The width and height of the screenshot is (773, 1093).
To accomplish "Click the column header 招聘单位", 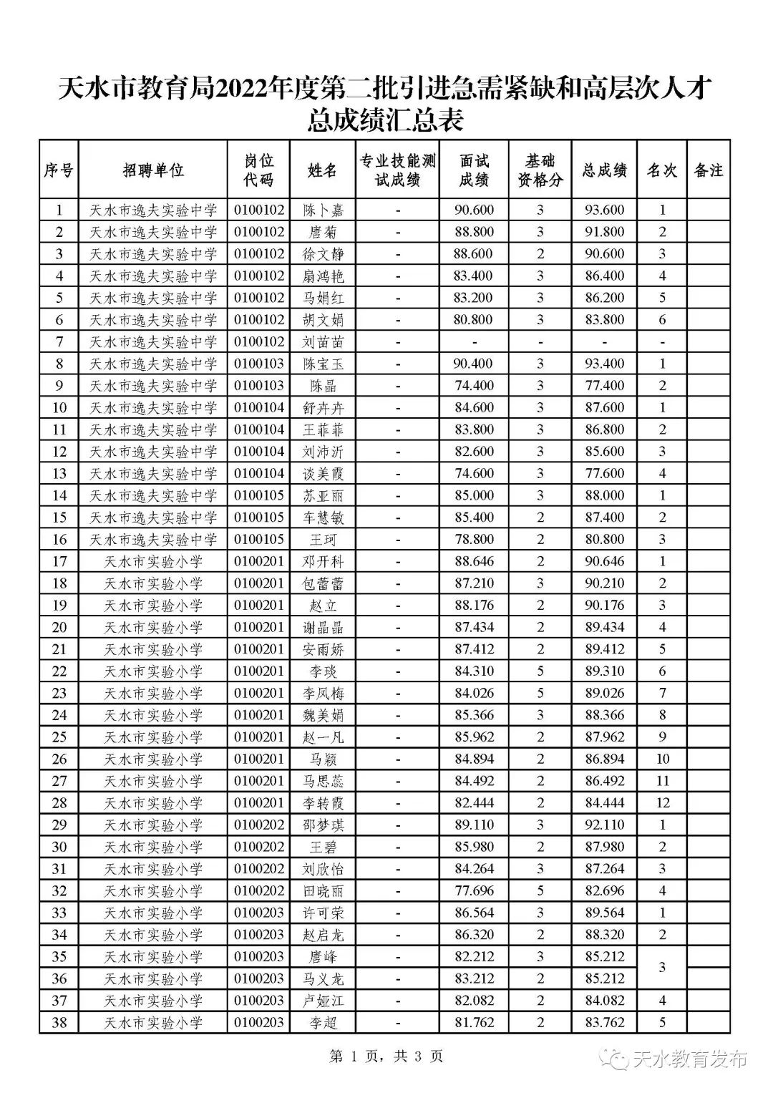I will click(x=152, y=170).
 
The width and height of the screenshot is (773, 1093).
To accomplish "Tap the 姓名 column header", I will click(x=322, y=170).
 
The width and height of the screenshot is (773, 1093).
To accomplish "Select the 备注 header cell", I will click(x=708, y=170).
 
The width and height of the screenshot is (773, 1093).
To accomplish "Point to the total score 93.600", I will click(x=604, y=210).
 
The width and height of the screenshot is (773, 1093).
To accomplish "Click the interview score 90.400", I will click(x=473, y=364).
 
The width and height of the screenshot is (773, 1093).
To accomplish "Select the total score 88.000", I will click(x=604, y=495).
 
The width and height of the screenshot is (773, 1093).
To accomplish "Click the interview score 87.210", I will click(x=473, y=583).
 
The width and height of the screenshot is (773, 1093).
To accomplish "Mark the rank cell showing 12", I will click(x=662, y=803).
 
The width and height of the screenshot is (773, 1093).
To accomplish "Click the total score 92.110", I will click(x=604, y=825).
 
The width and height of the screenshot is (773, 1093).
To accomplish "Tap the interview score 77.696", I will click(x=473, y=891).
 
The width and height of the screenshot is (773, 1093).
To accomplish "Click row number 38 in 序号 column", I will click(x=59, y=1023).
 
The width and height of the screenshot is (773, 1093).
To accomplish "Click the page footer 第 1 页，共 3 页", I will click(x=386, y=1056).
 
